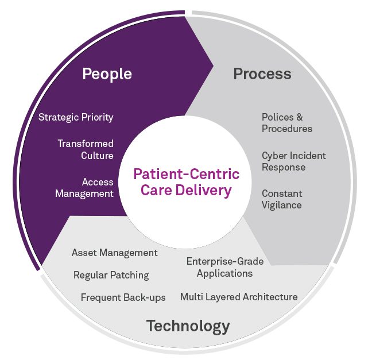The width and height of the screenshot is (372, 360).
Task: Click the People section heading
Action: coord(107,74)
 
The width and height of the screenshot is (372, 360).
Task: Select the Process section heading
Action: coord(262,74)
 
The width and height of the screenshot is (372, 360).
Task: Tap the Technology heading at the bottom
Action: coord(188,326)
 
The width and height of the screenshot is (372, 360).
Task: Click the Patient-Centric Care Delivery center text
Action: coord(186,181)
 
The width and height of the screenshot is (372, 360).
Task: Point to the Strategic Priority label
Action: coord(76,117)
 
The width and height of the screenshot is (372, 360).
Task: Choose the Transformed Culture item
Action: coord(86,149)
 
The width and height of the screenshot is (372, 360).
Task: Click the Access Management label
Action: coord(84,187)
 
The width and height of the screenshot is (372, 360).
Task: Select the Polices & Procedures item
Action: coord(287,123)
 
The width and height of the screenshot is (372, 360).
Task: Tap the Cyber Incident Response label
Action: coord(293,161)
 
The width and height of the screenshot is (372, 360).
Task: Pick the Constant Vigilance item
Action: coord(282,199)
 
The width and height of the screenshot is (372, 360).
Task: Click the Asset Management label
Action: coord(114,253)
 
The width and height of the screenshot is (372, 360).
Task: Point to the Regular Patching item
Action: coord(111,275)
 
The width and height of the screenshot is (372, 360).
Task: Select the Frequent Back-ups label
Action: coord(123,297)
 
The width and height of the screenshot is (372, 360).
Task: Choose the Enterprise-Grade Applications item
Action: coord(225,267)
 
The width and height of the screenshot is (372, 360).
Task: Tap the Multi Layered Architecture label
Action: coord(239,297)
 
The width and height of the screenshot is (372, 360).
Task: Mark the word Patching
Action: coord(129,275)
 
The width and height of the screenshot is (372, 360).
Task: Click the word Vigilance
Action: coord(282,205)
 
